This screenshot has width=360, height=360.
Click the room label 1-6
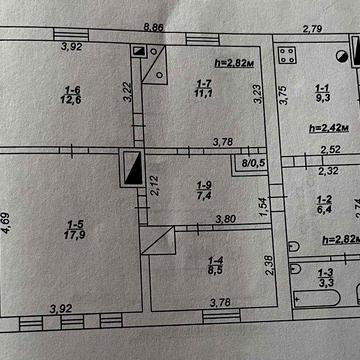71,89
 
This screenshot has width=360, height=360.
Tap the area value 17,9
74,234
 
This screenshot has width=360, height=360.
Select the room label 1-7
203,83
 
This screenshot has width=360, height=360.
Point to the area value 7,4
205,194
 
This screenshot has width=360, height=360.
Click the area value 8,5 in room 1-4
216,269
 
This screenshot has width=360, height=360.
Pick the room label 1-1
323,88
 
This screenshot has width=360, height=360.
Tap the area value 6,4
323,209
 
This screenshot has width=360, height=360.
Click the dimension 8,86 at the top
154,27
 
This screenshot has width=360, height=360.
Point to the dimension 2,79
312,29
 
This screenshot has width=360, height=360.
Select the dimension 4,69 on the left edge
7,223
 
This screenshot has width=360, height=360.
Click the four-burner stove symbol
287,55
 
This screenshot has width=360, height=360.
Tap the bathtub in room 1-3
317,298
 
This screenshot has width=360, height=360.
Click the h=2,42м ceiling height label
329,128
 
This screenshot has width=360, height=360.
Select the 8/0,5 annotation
252,163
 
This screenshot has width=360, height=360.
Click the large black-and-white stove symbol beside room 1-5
133,167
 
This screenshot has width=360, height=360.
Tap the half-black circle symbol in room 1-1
341,56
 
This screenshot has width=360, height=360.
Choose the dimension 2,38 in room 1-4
271,265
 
